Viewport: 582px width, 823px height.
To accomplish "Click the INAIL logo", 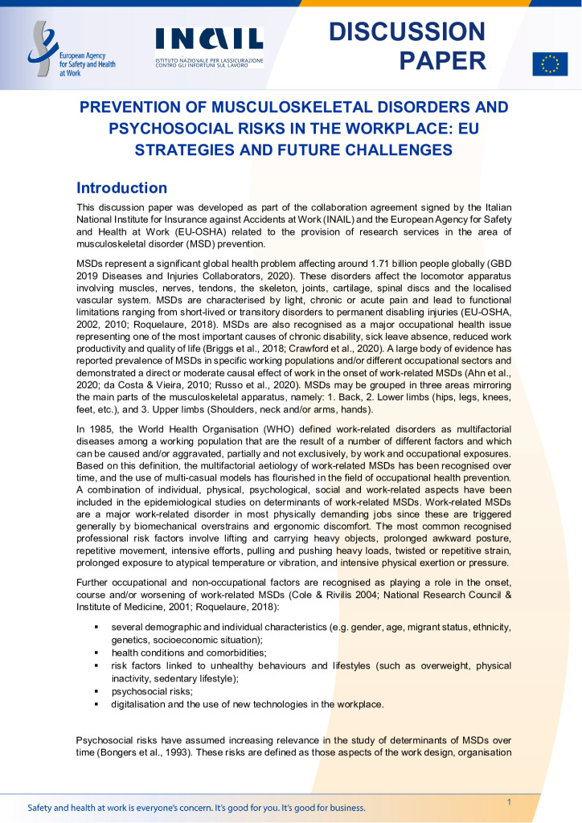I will (x=209, y=39).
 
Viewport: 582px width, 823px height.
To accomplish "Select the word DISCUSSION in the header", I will (x=408, y=31).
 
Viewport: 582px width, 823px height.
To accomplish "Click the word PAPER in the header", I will (x=443, y=60).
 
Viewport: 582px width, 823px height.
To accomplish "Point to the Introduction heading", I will (x=121, y=188).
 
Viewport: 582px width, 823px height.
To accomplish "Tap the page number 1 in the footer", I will (x=509, y=802).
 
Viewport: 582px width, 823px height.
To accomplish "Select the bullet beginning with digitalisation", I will (x=247, y=704).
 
